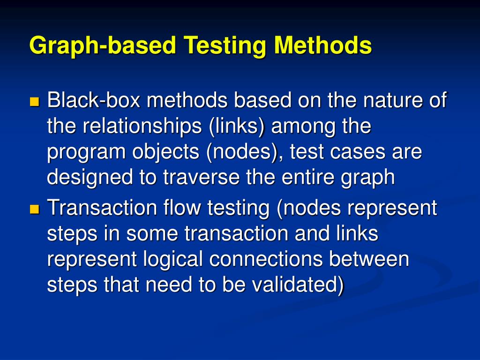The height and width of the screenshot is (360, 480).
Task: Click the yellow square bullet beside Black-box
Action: pos(35,102)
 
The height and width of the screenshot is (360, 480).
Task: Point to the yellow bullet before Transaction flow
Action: pos(35,209)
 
